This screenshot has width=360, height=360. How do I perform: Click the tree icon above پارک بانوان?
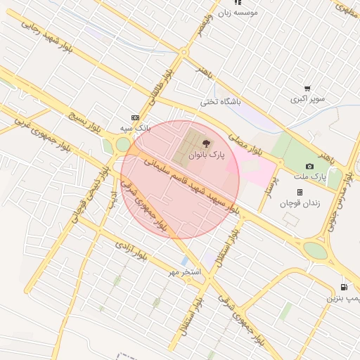pyautogui.click(x=205, y=143)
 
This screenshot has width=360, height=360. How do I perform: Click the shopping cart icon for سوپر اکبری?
pyautogui.click(x=307, y=89)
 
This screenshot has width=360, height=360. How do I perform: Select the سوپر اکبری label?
pyautogui.click(x=308, y=99)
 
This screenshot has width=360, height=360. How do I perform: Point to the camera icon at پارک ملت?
pyautogui.click(x=309, y=166)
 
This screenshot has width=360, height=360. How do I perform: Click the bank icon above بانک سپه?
pyautogui.click(x=135, y=117)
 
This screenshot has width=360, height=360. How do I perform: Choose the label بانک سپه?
pyautogui.click(x=134, y=129)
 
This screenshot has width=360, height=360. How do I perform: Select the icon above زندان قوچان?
pyautogui.click(x=300, y=192)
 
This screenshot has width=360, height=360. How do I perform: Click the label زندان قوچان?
pyautogui.click(x=300, y=203)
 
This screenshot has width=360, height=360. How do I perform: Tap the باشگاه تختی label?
pyautogui.click(x=220, y=102)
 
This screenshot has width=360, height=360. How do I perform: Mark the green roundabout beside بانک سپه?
pyautogui.click(x=123, y=145)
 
